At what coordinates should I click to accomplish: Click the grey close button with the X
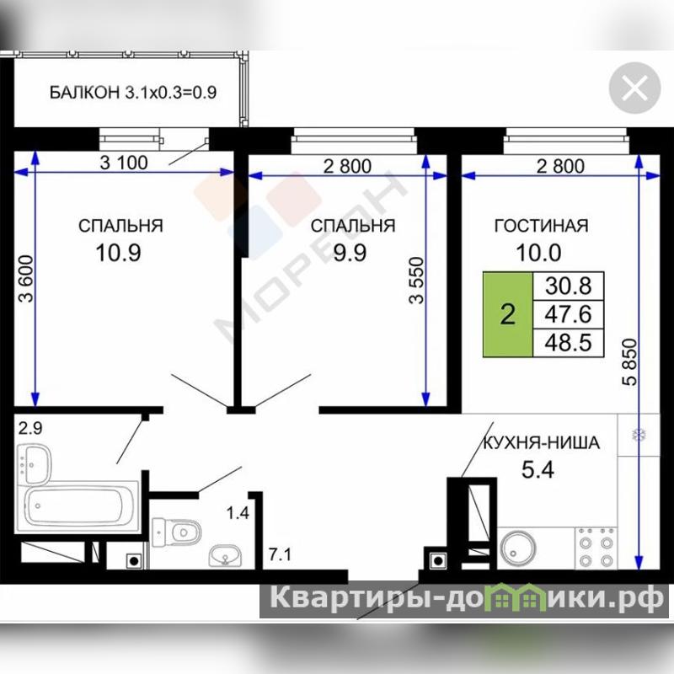click(x=634, y=88)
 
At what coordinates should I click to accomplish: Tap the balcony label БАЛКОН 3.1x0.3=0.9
click(x=133, y=93)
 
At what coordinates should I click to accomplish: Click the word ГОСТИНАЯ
click(x=541, y=226)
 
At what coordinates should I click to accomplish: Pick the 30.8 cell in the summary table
click(x=568, y=286)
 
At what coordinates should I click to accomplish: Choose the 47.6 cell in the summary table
click(x=568, y=314)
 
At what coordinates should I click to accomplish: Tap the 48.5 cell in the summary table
click(x=568, y=343)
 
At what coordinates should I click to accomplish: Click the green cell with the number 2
click(x=508, y=314)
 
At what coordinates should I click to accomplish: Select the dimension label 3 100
click(x=124, y=163)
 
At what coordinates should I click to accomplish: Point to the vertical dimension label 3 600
click(x=26, y=279)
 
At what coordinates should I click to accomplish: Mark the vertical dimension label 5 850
click(x=629, y=362)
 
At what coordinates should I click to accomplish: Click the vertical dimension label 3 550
click(x=416, y=281)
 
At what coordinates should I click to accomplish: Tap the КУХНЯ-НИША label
click(x=542, y=443)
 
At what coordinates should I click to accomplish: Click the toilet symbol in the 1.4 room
click(x=177, y=532)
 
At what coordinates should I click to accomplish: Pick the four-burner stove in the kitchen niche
click(x=596, y=548)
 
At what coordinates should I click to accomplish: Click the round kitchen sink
click(x=518, y=548)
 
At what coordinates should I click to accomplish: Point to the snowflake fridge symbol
click(x=639, y=434)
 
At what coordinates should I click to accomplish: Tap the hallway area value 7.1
click(x=281, y=554)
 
